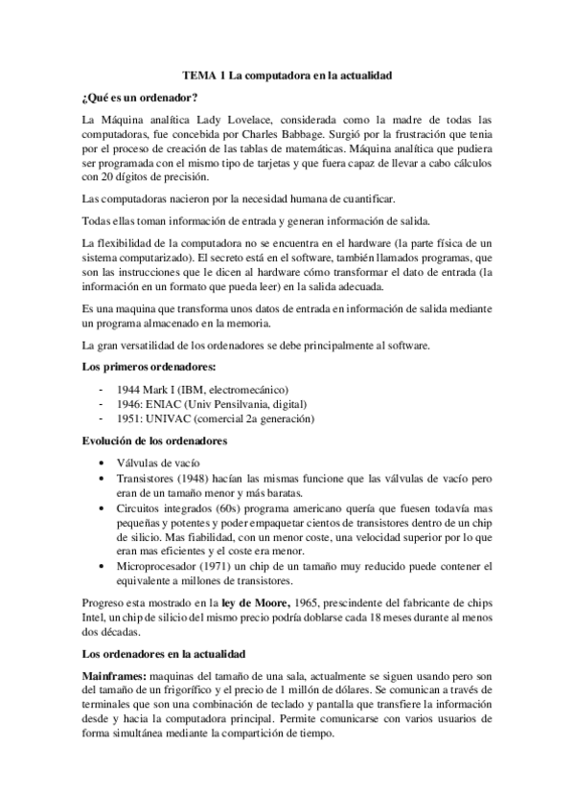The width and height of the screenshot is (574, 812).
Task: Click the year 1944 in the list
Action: coord(127,390)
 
